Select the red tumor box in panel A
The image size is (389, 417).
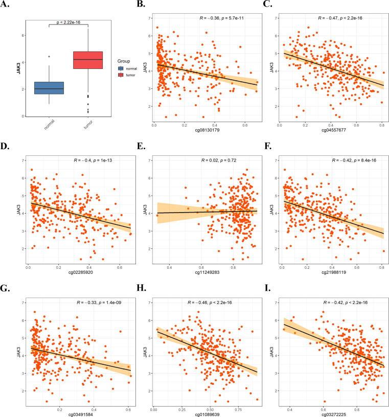[88, 60]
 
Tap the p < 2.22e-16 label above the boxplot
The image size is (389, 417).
[68, 22]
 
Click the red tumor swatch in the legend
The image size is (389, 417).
[121, 75]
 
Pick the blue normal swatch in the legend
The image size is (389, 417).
[121, 67]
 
